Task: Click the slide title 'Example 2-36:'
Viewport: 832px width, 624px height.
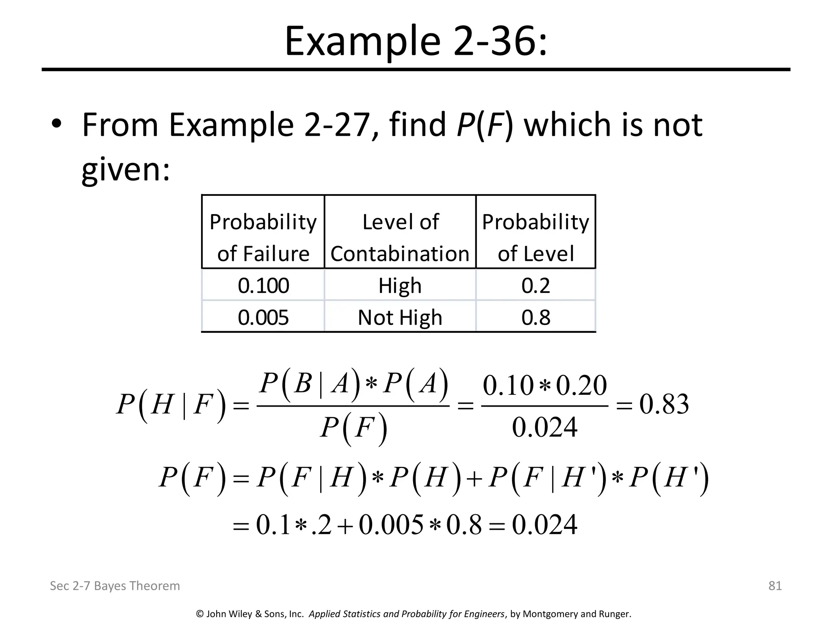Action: (x=416, y=42)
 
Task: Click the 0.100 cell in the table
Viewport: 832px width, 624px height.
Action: (x=263, y=286)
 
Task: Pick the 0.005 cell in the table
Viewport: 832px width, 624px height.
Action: (x=263, y=317)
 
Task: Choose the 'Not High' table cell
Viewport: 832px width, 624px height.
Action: (x=400, y=317)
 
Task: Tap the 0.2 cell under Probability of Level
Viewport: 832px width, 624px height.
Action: (x=535, y=286)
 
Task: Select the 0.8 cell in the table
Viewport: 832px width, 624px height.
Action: (x=535, y=317)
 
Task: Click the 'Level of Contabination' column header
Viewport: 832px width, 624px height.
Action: (x=400, y=238)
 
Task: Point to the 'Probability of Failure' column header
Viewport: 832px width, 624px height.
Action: (x=263, y=238)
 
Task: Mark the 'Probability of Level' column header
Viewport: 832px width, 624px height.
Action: (x=535, y=238)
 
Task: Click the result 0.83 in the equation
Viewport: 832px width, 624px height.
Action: (x=664, y=405)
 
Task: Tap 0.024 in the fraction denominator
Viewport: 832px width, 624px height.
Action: (x=544, y=427)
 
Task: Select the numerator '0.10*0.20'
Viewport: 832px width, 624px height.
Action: (x=544, y=385)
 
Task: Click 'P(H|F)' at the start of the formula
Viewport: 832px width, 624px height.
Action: (x=171, y=405)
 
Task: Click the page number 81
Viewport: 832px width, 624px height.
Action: (x=775, y=585)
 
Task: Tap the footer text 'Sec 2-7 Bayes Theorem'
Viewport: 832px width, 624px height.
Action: (x=115, y=585)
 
